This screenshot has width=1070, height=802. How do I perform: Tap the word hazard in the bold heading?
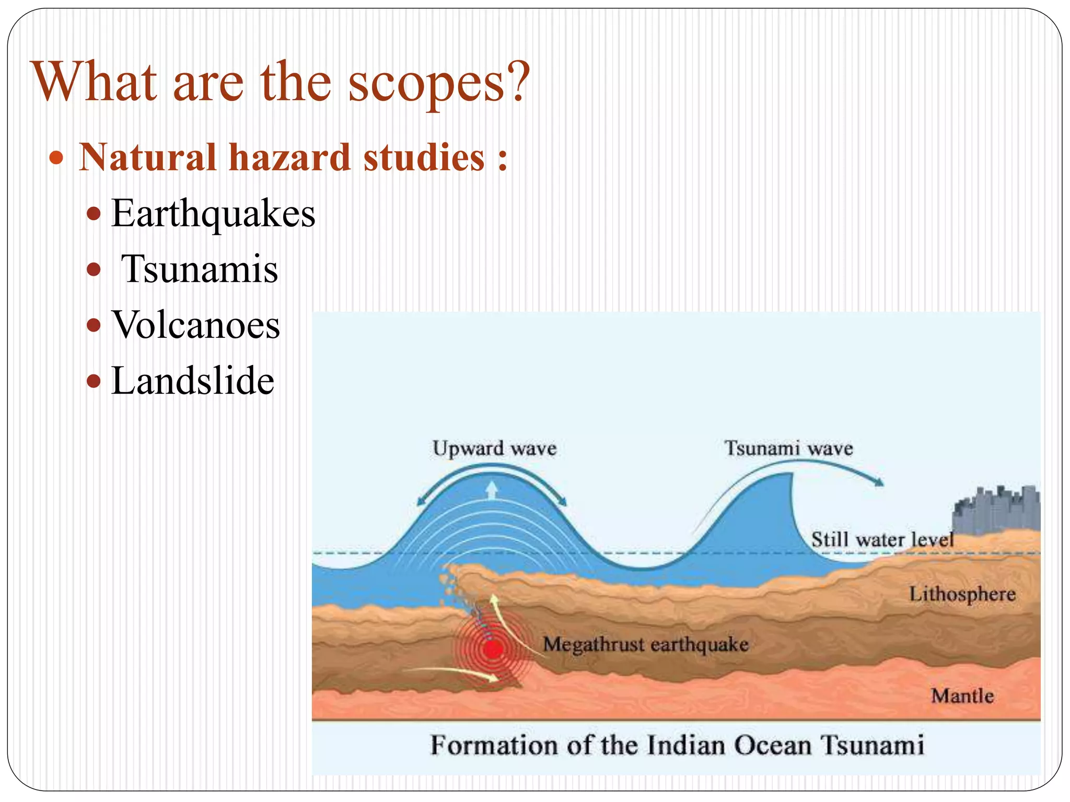(x=289, y=158)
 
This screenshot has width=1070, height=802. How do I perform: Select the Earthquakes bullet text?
(x=213, y=214)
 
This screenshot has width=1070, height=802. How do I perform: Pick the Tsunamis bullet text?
(x=200, y=269)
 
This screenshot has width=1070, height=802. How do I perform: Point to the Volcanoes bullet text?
(x=196, y=325)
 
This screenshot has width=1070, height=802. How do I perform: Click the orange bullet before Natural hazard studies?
(x=56, y=158)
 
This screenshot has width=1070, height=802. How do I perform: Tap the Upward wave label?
(x=494, y=449)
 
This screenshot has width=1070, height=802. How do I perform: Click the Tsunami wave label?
(x=788, y=449)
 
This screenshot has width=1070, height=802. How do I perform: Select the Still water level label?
(x=882, y=539)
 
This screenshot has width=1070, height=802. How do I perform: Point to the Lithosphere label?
(x=962, y=594)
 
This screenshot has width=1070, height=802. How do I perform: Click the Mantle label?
(x=962, y=696)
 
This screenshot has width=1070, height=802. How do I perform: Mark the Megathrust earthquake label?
(x=646, y=644)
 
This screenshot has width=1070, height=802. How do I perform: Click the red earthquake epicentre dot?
(x=492, y=650)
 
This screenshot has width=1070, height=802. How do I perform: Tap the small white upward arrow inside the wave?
(x=492, y=490)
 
